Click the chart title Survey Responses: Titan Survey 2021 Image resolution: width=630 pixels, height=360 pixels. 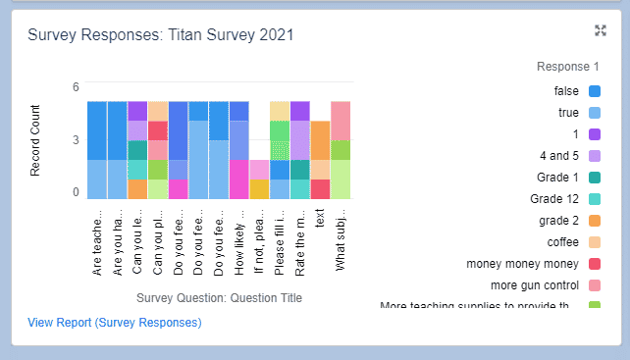point(161,35)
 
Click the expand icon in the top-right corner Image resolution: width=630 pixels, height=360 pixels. point(601,30)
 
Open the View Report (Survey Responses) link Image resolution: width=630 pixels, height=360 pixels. point(115,322)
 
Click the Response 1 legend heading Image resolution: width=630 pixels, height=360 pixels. point(568,67)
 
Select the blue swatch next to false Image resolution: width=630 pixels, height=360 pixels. point(594,91)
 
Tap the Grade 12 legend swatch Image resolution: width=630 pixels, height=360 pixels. point(594,199)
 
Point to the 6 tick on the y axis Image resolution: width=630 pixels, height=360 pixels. point(76,87)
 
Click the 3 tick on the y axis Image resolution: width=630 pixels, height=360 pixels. point(76,140)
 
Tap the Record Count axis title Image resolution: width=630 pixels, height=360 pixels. point(36,140)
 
